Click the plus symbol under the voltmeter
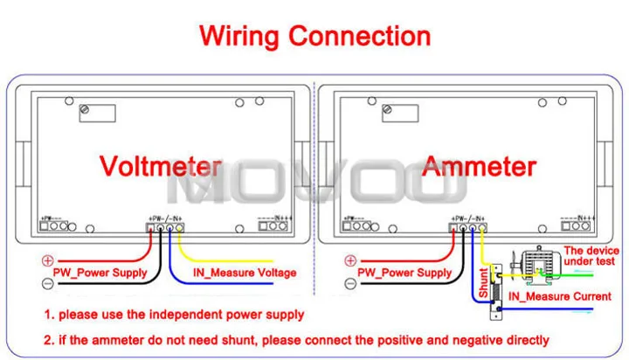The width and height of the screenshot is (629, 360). click(x=48, y=260)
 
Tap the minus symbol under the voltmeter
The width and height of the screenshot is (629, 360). click(x=48, y=283)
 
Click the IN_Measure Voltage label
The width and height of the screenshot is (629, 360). click(x=245, y=273)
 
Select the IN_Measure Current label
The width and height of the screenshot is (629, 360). click(x=560, y=297)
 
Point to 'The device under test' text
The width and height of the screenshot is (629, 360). click(x=591, y=255)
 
